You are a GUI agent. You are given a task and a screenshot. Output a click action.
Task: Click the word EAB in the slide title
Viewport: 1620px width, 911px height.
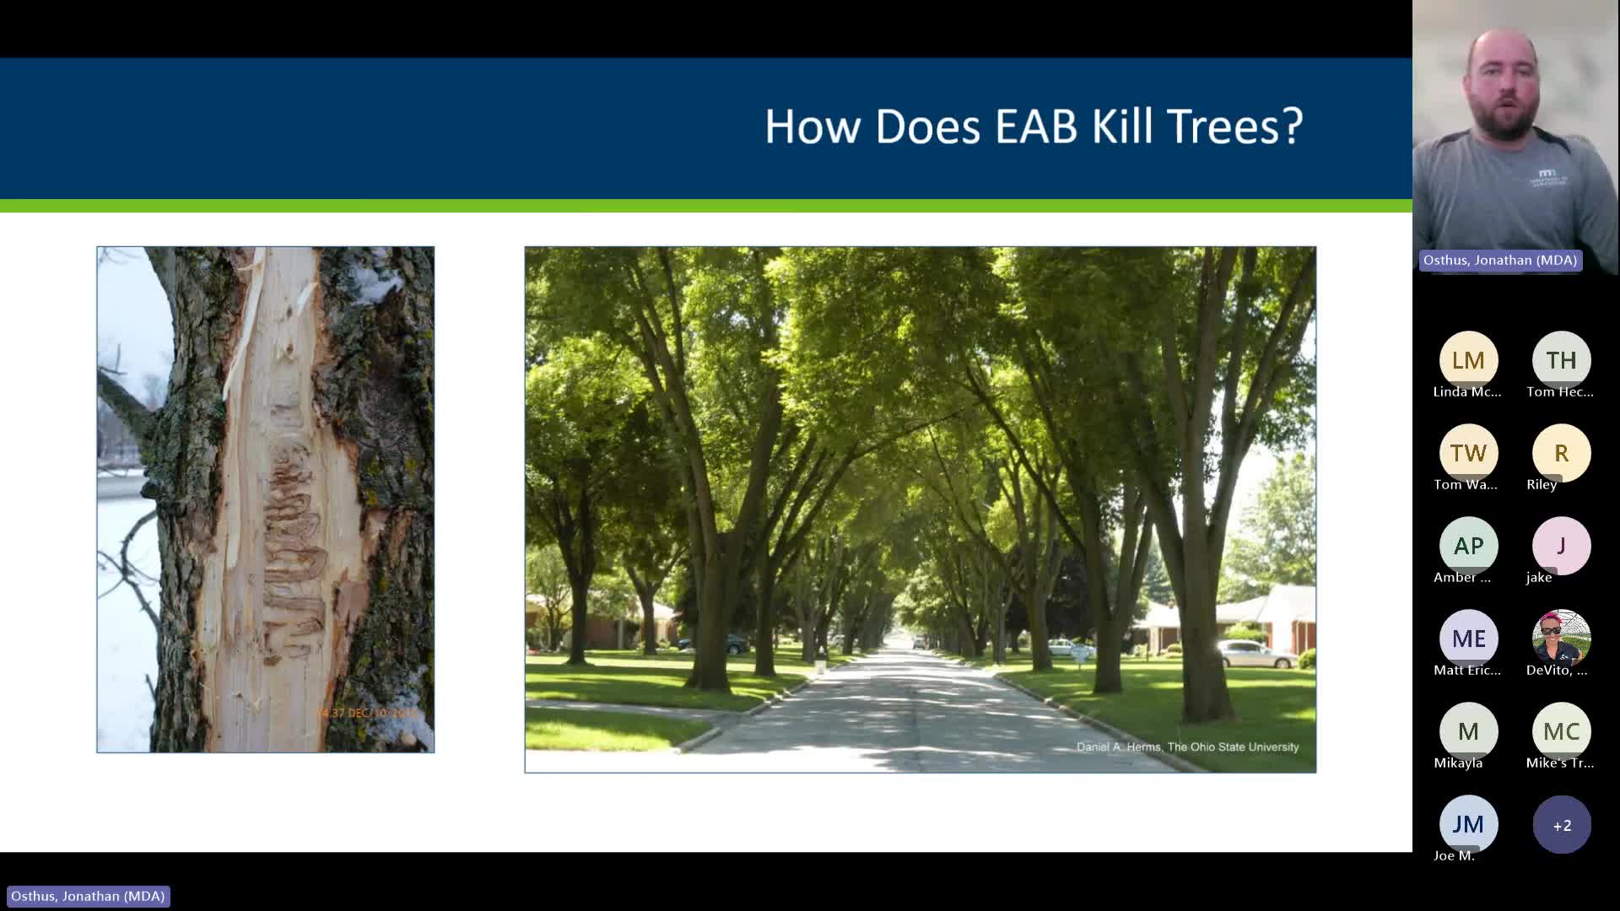(x=1036, y=127)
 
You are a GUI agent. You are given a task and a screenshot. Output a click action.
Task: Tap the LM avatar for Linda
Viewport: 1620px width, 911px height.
(x=1468, y=360)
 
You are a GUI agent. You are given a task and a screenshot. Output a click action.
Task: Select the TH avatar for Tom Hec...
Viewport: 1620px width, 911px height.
(x=1561, y=360)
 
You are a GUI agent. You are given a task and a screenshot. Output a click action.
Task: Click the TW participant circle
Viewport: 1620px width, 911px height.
(x=1468, y=453)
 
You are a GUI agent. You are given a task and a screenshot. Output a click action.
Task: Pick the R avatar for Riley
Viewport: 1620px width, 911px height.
(x=1561, y=453)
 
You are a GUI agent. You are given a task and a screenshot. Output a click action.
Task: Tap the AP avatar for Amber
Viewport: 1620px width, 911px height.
(x=1468, y=546)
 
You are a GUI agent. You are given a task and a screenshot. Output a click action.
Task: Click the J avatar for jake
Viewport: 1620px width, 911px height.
(x=1561, y=546)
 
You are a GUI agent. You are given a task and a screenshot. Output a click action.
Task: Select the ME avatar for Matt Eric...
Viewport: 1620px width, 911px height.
(x=1468, y=639)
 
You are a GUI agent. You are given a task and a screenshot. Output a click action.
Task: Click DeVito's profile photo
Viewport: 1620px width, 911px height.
(x=1561, y=639)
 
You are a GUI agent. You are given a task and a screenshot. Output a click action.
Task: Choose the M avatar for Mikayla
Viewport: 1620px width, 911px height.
(x=1468, y=731)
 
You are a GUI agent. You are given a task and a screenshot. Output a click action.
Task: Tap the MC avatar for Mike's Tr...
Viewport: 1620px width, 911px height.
(x=1561, y=731)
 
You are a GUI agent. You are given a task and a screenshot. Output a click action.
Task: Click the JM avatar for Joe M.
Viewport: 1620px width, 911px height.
(x=1468, y=824)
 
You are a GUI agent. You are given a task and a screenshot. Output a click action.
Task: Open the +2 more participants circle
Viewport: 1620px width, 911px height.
(x=1561, y=824)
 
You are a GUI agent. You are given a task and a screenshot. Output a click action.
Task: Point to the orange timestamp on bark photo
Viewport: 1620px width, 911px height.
(x=367, y=713)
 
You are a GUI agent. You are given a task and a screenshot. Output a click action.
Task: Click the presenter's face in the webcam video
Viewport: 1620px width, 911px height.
(x=1503, y=84)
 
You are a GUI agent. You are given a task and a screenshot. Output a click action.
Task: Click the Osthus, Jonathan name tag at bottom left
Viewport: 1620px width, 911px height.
(x=88, y=896)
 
